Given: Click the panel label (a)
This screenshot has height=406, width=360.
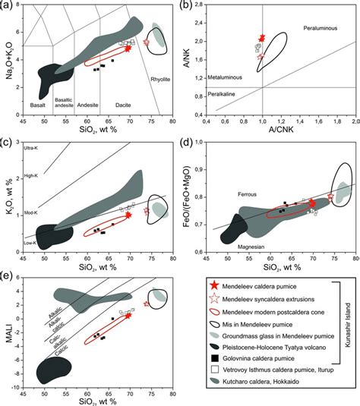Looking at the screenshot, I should click(x=8, y=6).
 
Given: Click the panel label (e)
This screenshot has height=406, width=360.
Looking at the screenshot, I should click(x=8, y=278).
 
